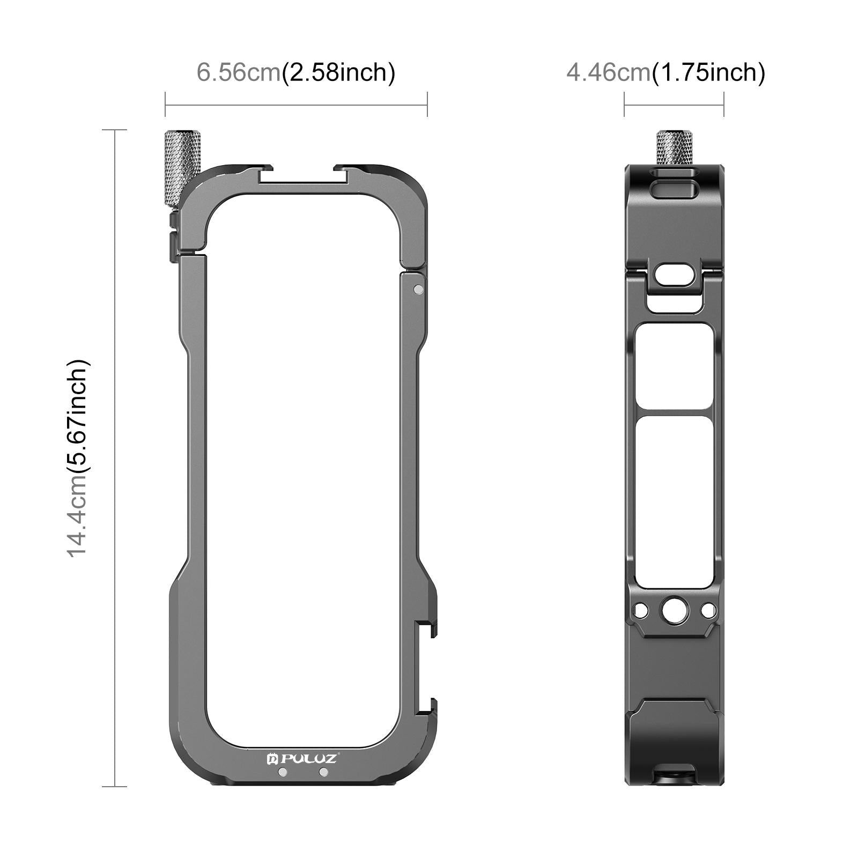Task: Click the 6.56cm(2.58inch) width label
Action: pos(296,72)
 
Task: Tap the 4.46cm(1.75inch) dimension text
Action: pos(665,72)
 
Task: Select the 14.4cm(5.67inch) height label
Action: pos(78,458)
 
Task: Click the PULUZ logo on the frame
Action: pos(302,758)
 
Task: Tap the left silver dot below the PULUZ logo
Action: pos(283,772)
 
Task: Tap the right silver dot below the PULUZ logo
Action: pos(323,772)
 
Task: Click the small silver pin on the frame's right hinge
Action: pos(418,290)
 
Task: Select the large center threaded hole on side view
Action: pos(674,610)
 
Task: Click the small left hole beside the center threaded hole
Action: pos(640,610)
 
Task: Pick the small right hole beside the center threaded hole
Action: pos(708,610)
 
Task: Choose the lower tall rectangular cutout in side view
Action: pos(674,501)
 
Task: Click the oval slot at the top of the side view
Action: pos(674,190)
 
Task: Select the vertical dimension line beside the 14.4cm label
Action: pos(115,458)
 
